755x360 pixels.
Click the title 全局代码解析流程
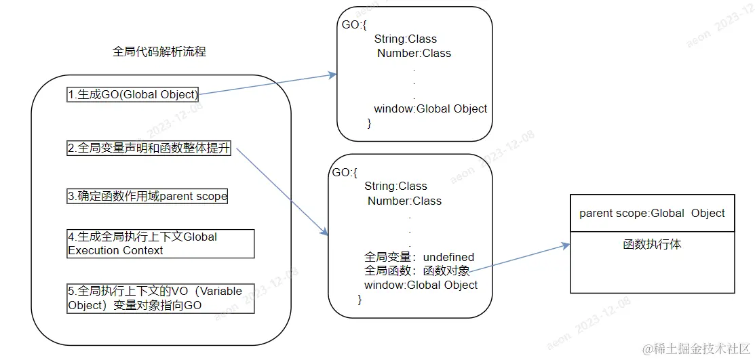(159, 52)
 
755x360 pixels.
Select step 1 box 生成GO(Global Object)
(133, 95)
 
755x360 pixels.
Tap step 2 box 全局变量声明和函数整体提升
(149, 149)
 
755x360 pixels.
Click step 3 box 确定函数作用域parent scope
(147, 197)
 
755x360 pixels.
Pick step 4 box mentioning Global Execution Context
(160, 243)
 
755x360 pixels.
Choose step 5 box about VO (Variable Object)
(160, 298)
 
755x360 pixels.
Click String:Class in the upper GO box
(405, 39)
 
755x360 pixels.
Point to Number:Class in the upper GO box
(414, 54)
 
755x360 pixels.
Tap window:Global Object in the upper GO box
(430, 109)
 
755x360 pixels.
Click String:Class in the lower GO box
(395, 186)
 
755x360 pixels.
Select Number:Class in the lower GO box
(404, 201)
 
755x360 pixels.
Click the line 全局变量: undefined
(419, 258)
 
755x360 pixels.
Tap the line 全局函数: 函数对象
(416, 271)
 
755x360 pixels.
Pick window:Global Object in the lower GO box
(421, 285)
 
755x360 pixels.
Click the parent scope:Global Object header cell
(652, 214)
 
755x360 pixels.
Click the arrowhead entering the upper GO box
(332, 75)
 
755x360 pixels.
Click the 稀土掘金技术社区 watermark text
(702, 348)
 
